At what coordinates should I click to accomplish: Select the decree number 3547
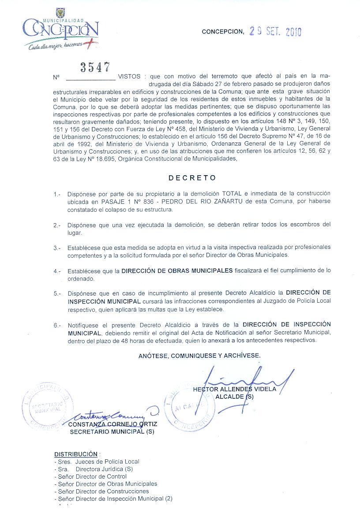click(95, 67)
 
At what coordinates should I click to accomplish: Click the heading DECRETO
click(192, 178)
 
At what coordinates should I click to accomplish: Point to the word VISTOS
click(129, 77)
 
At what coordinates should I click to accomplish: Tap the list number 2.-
click(57, 225)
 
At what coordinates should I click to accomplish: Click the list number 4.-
click(57, 271)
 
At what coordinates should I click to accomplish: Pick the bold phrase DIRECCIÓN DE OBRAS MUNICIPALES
click(177, 270)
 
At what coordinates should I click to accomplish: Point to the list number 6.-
click(57, 326)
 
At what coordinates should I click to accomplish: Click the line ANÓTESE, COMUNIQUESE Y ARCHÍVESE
click(199, 355)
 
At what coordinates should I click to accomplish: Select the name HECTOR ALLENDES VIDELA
click(234, 389)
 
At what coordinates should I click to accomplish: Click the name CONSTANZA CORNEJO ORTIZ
click(112, 424)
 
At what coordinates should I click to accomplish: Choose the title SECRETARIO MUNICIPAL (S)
click(112, 432)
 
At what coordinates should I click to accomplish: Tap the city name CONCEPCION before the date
click(222, 32)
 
